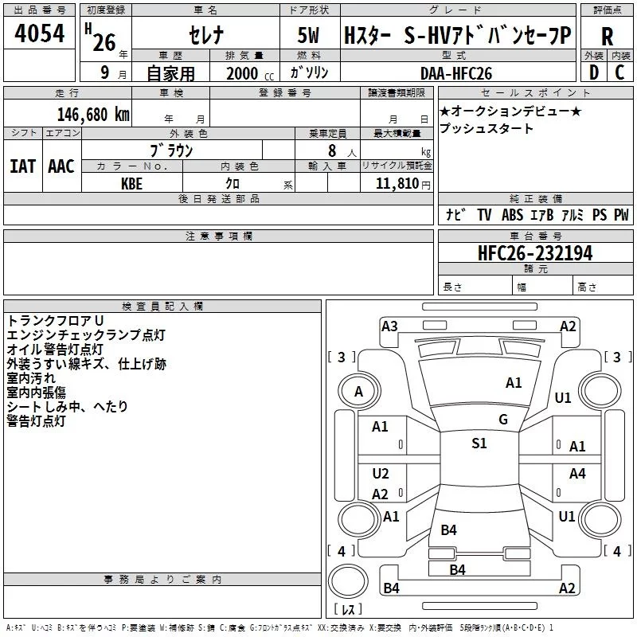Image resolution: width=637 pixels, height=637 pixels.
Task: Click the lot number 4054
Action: tap(39, 33)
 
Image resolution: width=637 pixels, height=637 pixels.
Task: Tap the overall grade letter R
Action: tap(607, 37)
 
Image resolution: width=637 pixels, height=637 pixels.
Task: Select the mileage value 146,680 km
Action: tap(93, 115)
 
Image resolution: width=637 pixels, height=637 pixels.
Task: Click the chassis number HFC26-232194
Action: tap(535, 253)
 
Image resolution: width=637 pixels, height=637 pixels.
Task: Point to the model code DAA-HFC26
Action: tap(456, 73)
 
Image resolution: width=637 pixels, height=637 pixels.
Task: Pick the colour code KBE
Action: tap(131, 184)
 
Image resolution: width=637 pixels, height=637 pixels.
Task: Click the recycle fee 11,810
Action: tap(397, 184)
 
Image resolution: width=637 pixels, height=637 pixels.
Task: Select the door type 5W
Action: tap(308, 35)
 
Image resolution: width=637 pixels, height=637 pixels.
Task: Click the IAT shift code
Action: tap(23, 166)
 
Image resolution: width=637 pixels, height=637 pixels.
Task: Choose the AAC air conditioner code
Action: tap(61, 166)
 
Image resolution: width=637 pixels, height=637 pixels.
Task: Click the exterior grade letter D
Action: tap(594, 72)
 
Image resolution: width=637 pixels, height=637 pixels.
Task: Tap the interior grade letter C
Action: tap(619, 72)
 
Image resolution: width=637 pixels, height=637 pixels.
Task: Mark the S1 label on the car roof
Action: tap(479, 443)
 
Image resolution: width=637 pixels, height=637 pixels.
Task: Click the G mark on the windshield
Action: tap(503, 419)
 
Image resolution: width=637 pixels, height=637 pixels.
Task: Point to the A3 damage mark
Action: tap(389, 326)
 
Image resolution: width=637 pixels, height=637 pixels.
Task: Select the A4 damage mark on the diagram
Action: tap(577, 473)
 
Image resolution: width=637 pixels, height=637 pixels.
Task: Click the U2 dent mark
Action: tap(381, 473)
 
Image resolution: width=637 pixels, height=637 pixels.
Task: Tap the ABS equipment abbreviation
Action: tap(512, 214)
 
